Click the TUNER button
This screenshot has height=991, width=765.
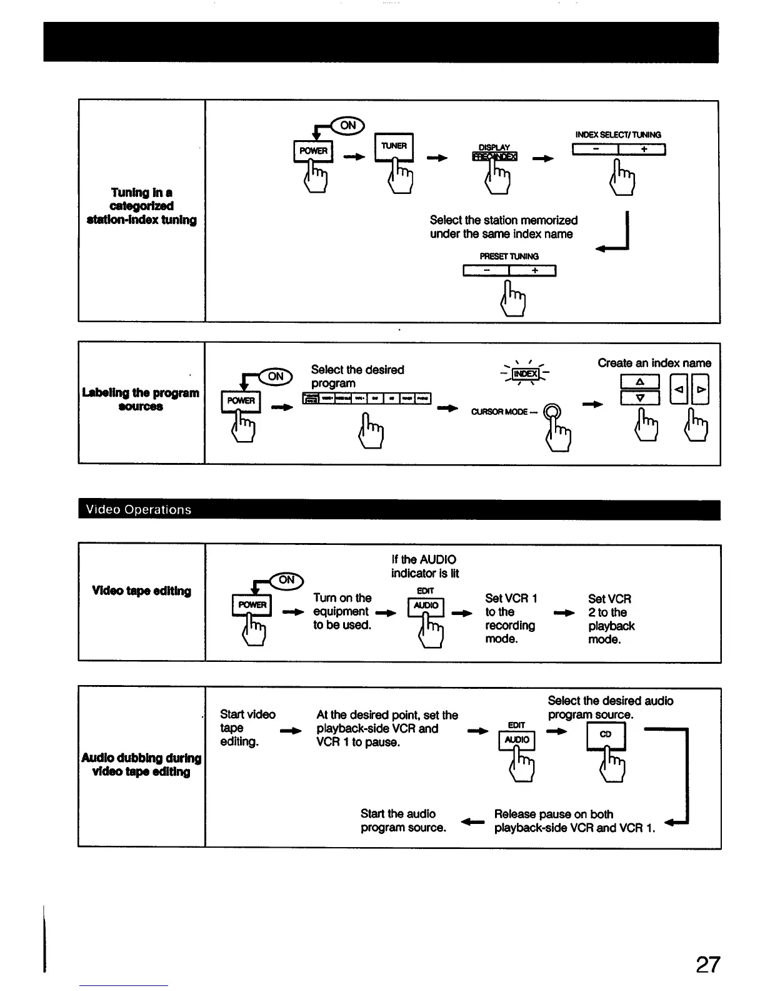point(394,146)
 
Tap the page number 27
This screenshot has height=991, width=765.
point(707,965)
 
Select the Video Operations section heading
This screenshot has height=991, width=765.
point(139,509)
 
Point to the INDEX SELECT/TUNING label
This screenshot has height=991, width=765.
point(617,135)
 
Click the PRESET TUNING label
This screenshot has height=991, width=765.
point(509,256)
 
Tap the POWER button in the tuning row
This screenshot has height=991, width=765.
point(313,151)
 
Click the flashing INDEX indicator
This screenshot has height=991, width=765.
point(525,374)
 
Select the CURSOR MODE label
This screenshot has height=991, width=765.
point(499,412)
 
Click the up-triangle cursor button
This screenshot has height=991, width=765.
point(639,382)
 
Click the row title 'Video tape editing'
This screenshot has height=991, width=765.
point(141,591)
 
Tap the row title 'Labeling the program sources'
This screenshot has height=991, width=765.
point(141,399)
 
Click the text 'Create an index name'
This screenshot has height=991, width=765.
point(654,363)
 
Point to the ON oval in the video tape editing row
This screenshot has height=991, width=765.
point(287,580)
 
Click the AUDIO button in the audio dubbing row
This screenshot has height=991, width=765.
point(517,739)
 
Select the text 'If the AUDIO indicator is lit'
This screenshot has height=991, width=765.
point(424,566)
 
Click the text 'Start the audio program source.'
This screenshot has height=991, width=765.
point(403,820)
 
